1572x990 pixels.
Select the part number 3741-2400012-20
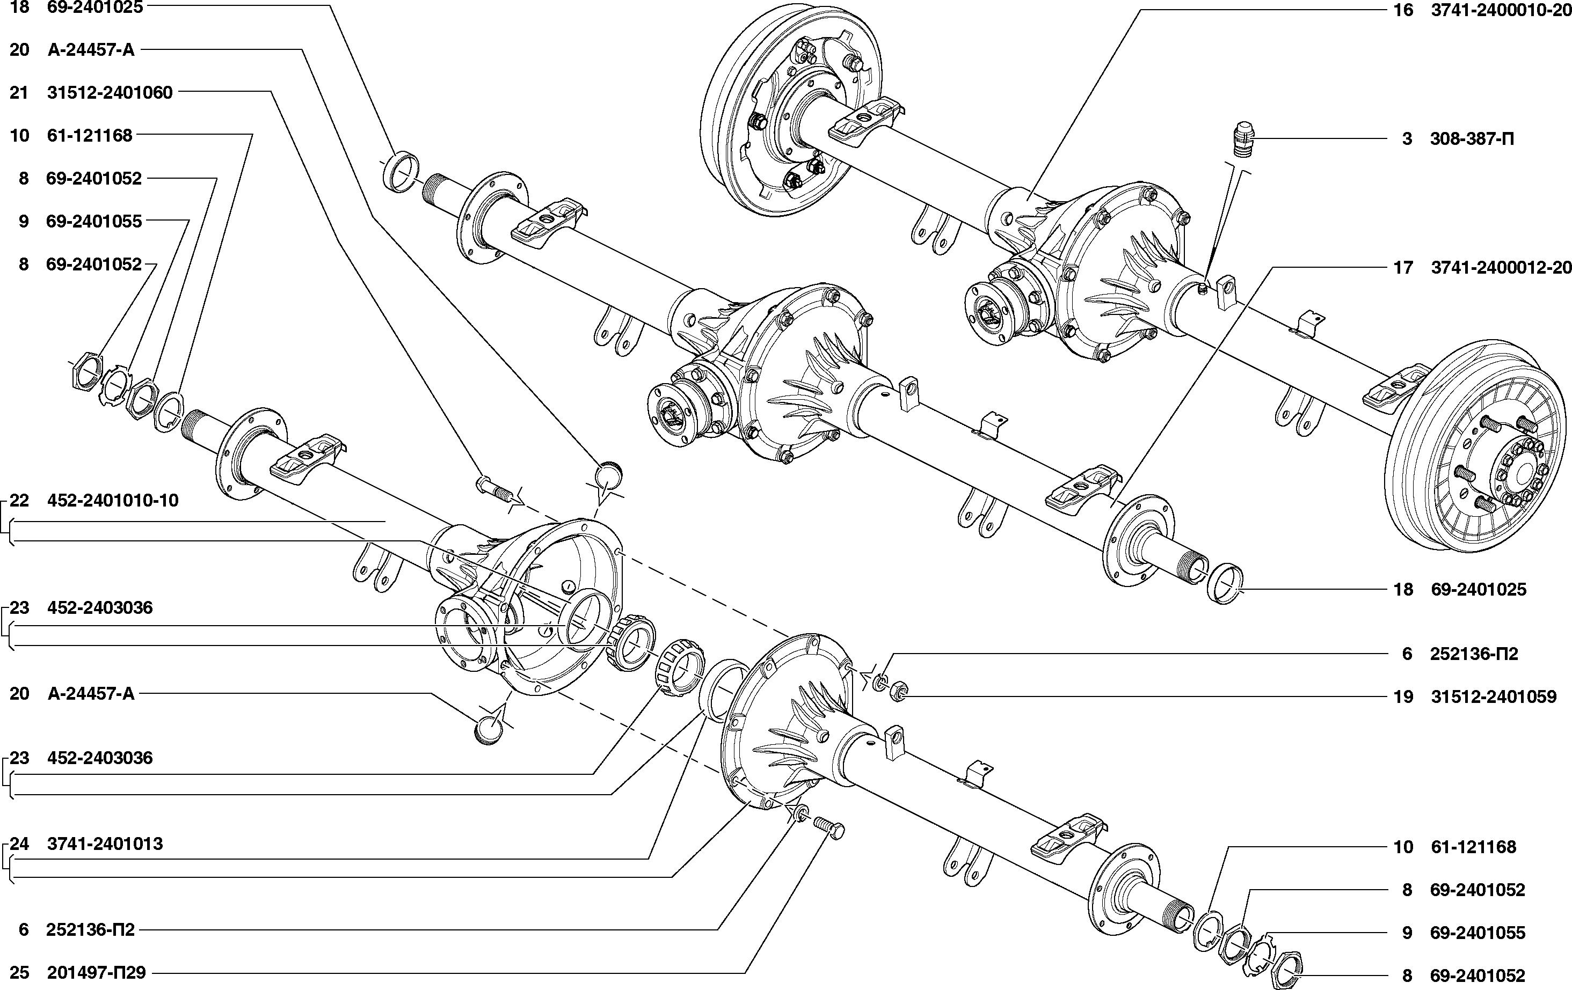1501,268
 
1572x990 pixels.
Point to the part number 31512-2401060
110,93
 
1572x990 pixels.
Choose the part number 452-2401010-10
113,501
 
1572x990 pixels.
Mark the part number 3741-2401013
105,844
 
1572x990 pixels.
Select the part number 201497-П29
96,973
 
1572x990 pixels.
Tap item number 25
19,973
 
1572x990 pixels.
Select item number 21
19,93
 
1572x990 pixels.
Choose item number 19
1403,697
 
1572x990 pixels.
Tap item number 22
19,501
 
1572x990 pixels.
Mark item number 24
19,844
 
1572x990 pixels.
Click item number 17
1403,268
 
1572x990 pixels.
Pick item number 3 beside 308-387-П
1407,139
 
